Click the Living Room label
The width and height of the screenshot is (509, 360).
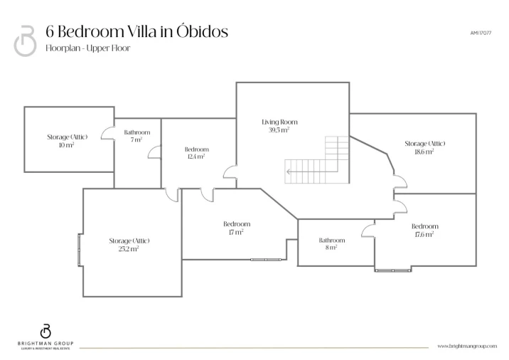click(x=279, y=122)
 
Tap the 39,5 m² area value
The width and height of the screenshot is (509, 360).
click(x=279, y=130)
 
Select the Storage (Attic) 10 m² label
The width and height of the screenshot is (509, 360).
click(x=68, y=141)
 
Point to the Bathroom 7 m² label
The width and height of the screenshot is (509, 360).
click(x=137, y=136)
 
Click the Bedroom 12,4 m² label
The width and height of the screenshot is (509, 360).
click(x=196, y=153)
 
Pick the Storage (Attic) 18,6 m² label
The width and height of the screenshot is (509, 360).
click(x=424, y=147)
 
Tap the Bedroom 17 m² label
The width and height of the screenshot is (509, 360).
click(x=237, y=228)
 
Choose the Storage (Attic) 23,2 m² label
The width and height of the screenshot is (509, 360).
click(x=129, y=245)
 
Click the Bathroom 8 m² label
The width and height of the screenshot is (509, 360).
click(x=332, y=244)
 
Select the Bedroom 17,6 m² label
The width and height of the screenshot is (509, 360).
click(x=424, y=230)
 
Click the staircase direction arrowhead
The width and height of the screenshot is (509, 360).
click(x=288, y=171)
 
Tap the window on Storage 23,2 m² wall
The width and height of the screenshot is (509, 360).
click(x=80, y=250)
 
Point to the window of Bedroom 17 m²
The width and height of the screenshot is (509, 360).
click(x=266, y=260)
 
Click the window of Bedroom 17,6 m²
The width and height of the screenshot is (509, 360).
click(x=393, y=270)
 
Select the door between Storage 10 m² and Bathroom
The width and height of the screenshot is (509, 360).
click(x=108, y=134)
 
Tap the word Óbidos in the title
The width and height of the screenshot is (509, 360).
click(x=203, y=31)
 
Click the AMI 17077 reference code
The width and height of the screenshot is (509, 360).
click(x=481, y=33)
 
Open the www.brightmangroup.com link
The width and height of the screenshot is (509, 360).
click(x=467, y=346)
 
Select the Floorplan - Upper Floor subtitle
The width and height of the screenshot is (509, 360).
click(x=88, y=48)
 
